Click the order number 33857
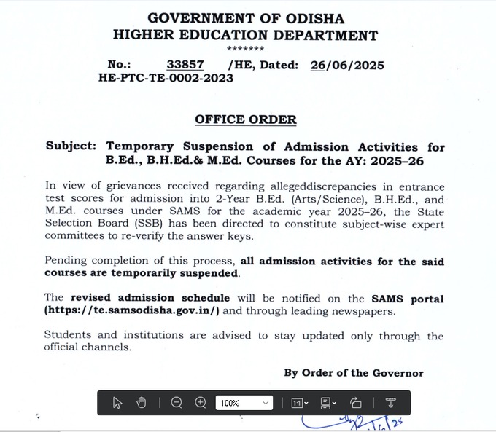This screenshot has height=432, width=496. click(185, 65)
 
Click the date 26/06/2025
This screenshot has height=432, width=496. click(347, 65)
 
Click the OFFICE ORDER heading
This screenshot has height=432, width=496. click(246, 119)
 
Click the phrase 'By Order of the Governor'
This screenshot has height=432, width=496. click(354, 373)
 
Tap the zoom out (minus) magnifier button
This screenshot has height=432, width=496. click(177, 403)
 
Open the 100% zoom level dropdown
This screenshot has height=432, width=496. click(244, 403)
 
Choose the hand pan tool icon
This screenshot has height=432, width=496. click(142, 403)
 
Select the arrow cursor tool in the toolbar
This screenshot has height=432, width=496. click(117, 403)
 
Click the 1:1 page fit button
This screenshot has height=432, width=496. click(300, 403)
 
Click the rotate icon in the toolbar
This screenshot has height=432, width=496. click(356, 403)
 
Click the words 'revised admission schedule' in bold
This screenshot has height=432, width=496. click(150, 298)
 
